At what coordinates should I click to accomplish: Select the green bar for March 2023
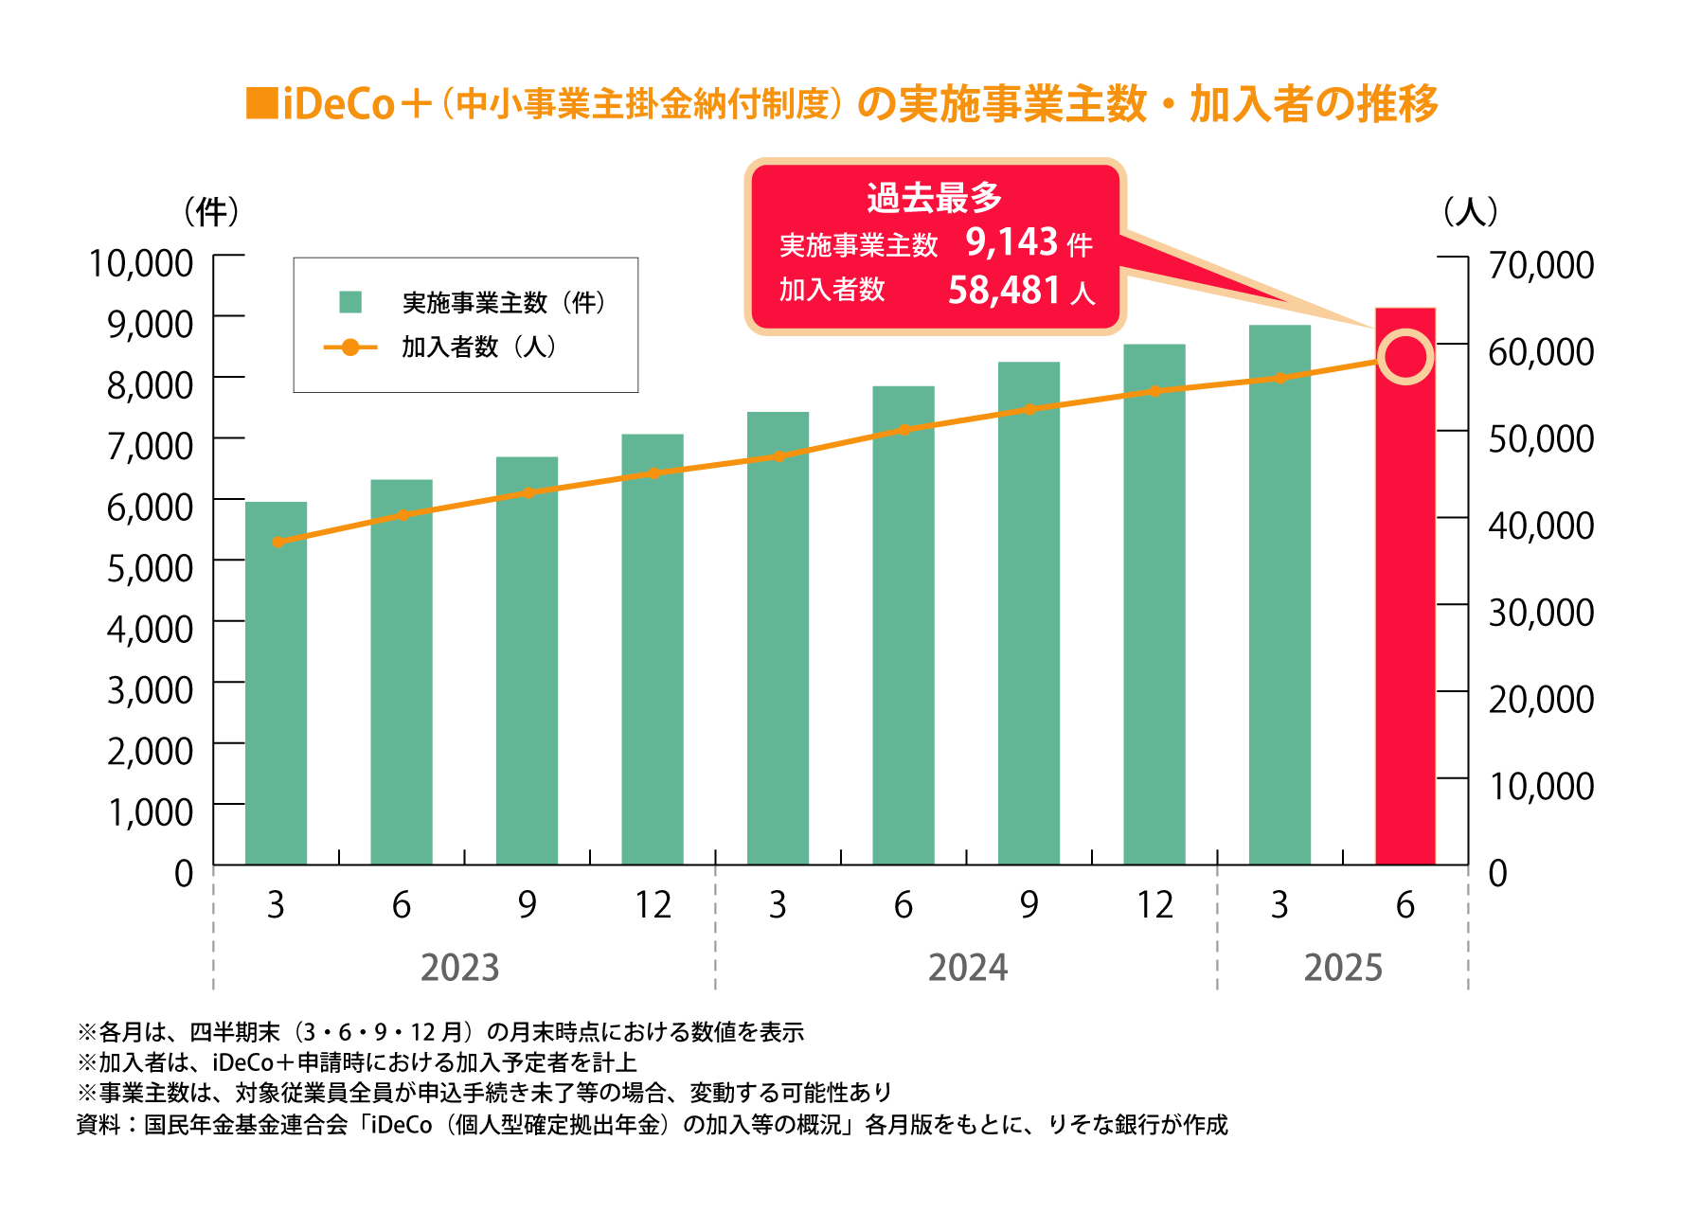click(276, 682)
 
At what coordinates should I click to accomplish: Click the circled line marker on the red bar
click(1405, 357)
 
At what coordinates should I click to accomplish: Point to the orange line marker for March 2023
click(277, 542)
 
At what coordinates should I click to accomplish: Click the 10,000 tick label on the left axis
click(141, 263)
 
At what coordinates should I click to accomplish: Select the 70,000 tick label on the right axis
click(1541, 265)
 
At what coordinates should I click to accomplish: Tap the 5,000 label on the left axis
click(150, 568)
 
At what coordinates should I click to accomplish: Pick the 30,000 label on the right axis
click(1541, 613)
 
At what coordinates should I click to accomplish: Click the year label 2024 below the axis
click(967, 968)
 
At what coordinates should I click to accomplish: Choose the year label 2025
click(1342, 968)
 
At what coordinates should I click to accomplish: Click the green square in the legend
click(350, 302)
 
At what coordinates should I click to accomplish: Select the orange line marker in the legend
click(349, 348)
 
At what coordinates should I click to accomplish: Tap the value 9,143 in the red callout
click(1011, 242)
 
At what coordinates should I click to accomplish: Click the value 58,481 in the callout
click(1003, 290)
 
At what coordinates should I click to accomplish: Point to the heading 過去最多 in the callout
click(934, 197)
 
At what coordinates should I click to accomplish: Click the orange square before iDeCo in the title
click(261, 104)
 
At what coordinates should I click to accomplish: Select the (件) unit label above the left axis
click(211, 211)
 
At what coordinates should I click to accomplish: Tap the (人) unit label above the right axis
click(1470, 211)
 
